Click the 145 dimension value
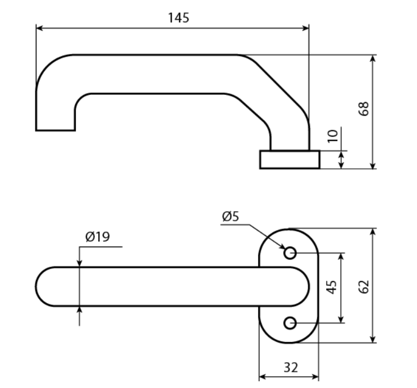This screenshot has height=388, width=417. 178,18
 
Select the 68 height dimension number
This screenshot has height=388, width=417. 364,108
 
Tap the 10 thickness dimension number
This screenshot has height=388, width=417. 332,136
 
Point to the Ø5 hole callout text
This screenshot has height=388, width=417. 230,216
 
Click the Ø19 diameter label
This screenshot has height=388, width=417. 98,236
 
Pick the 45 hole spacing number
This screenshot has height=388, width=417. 331,287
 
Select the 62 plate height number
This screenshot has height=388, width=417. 364,286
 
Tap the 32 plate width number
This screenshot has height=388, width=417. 291,368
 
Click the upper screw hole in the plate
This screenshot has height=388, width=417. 290,253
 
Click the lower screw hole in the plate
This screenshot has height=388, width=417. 290,323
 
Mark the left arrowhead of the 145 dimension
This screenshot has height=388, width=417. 39,28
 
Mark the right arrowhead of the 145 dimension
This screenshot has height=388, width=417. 306,28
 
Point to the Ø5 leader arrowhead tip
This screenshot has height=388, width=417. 285,249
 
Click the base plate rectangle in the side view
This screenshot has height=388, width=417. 290,159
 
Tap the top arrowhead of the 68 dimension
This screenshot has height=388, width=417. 373,58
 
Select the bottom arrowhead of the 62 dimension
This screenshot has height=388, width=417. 373,339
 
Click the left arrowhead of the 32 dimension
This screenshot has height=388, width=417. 263,377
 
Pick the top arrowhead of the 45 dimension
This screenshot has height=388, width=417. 341,257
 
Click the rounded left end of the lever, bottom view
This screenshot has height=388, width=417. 36,286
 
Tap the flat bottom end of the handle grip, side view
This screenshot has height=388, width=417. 56,130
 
